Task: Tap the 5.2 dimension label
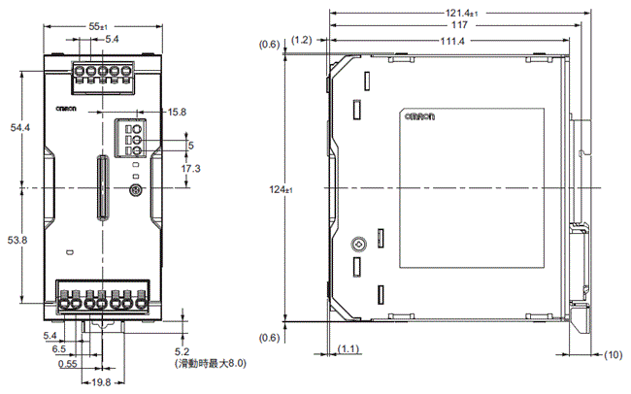tap(182, 350)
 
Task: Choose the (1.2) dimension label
tap(300, 40)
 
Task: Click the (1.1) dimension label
tap(348, 347)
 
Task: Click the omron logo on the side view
tap(417, 116)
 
